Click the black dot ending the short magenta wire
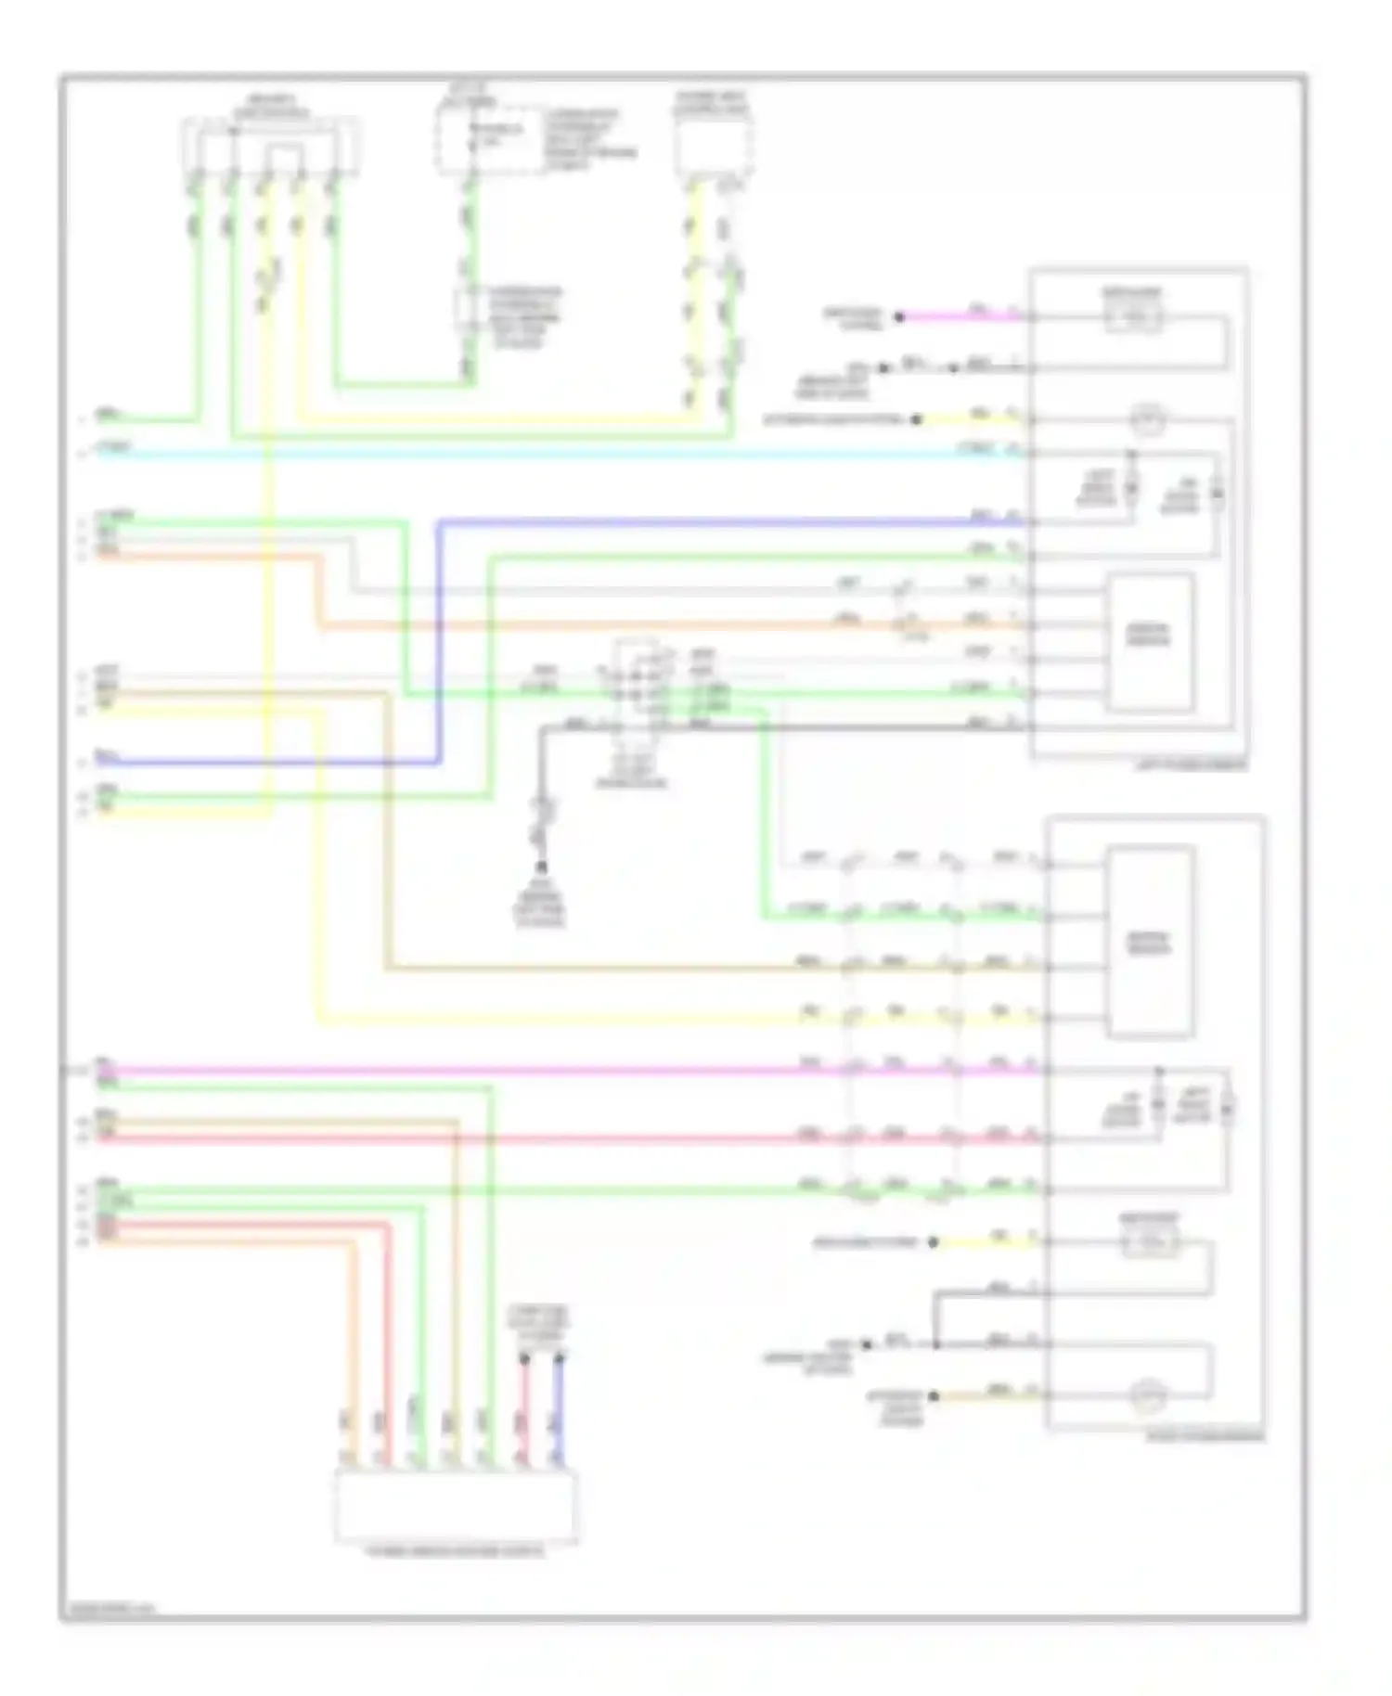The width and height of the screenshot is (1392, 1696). [898, 317]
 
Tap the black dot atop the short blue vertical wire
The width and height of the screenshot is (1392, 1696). [560, 1358]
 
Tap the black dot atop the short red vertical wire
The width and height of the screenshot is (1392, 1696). [524, 1358]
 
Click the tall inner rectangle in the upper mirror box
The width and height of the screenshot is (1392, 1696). [1149, 641]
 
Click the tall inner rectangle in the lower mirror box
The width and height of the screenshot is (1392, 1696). [1151, 941]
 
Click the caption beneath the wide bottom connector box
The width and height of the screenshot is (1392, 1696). [456, 1551]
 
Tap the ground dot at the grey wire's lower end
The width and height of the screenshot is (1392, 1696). [541, 867]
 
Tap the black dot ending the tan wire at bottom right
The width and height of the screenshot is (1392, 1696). [934, 1395]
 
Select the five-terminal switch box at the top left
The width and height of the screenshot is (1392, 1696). [270, 146]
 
